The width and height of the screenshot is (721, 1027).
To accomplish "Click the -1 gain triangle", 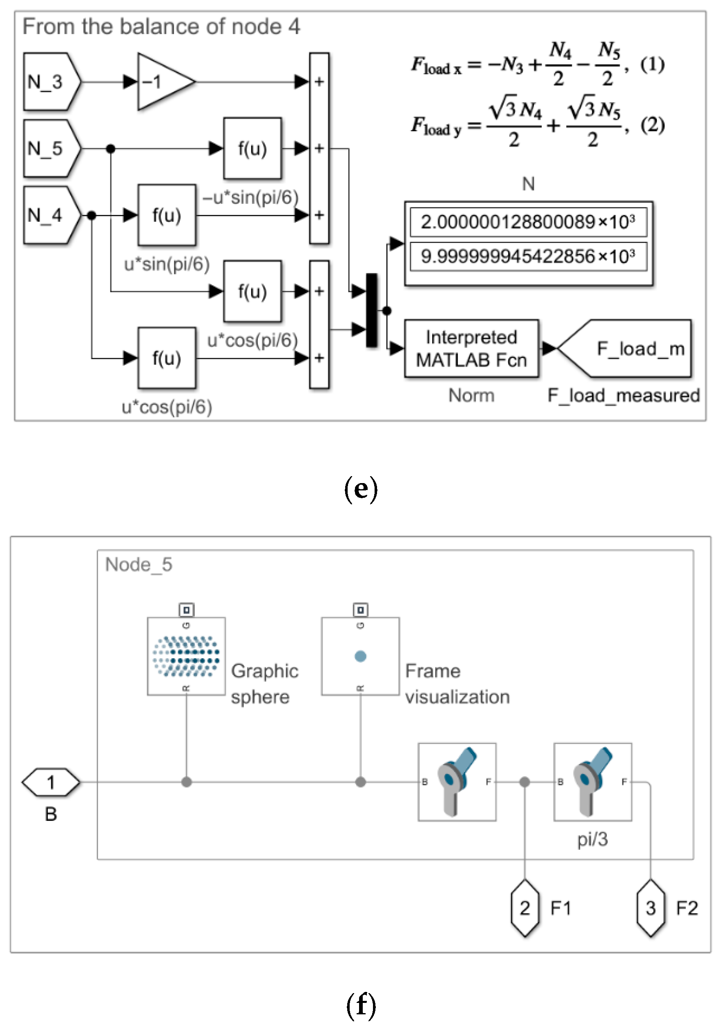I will (x=162, y=82).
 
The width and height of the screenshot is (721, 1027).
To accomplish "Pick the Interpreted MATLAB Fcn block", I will (x=471, y=348).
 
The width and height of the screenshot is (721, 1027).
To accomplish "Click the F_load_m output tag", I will (x=627, y=348).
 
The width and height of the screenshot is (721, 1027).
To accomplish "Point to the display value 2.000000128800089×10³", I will (x=528, y=222).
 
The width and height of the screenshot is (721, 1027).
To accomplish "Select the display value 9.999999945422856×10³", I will (x=528, y=256).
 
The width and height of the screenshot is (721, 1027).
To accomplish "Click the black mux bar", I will (x=371, y=310).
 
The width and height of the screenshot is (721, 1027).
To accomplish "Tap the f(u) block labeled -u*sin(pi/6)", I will (x=252, y=149).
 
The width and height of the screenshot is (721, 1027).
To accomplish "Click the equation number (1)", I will (x=652, y=65).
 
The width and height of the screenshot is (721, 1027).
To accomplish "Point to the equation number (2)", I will (x=652, y=125).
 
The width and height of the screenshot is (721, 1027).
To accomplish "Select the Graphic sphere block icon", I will (x=186, y=656).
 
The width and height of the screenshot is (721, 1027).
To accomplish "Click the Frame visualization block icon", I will (x=360, y=656).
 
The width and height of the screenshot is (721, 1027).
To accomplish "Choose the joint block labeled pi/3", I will (x=593, y=782).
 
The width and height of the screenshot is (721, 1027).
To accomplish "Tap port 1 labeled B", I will (x=51, y=782).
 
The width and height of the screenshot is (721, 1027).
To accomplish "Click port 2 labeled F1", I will (x=525, y=908).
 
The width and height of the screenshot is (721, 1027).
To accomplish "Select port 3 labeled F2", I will (x=650, y=908).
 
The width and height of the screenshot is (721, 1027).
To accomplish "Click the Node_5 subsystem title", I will (x=139, y=564).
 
